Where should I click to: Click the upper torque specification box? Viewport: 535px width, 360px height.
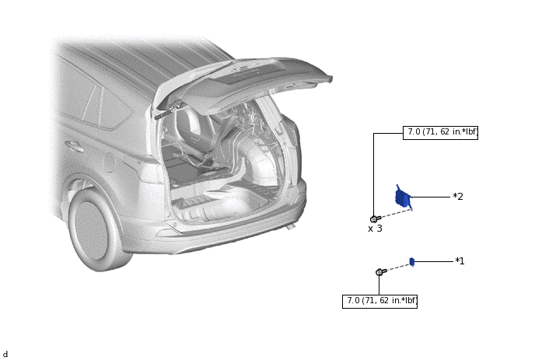click(440, 132)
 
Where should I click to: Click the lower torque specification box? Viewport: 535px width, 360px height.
click(379, 302)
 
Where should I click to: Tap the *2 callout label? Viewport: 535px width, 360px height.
click(458, 197)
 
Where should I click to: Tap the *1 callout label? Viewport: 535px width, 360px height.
click(460, 261)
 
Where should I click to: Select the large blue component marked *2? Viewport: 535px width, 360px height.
click(404, 197)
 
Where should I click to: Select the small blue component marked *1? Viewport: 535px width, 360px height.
click(412, 262)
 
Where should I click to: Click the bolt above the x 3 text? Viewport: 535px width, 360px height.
click(376, 218)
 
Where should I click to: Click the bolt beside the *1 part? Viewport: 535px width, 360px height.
click(381, 271)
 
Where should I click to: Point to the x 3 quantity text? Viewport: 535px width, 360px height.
click(375, 229)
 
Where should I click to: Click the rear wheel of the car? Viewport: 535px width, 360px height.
click(94, 229)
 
